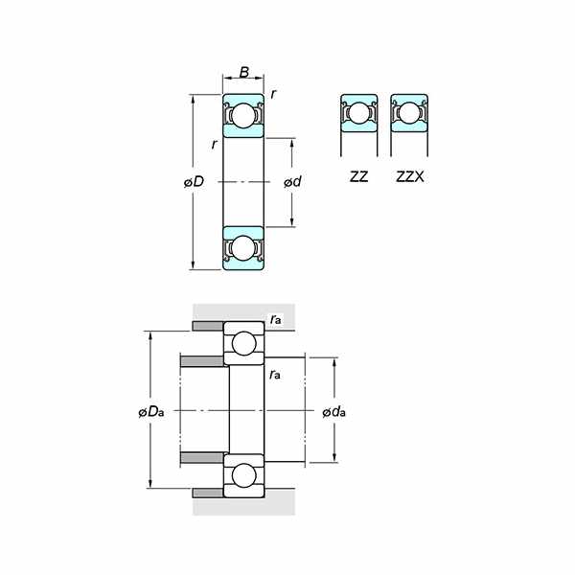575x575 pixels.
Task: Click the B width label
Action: point(243,72)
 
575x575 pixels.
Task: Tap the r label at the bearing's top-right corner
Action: point(274,94)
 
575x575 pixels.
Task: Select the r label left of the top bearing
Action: point(214,145)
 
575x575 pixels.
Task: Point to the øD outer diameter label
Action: point(193,182)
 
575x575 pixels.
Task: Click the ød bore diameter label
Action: point(293,182)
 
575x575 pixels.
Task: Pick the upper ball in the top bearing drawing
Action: point(243,115)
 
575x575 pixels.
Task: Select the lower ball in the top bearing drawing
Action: point(243,248)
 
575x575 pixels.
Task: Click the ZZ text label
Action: point(358,177)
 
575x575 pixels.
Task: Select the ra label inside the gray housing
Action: point(276,319)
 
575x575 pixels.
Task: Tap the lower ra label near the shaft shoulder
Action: point(275,373)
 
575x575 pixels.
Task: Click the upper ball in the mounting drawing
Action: point(243,343)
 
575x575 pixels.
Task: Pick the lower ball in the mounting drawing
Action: point(243,474)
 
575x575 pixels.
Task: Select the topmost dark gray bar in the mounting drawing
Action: point(207,327)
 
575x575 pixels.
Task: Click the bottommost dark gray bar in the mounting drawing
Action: point(207,493)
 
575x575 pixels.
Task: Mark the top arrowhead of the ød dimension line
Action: point(292,142)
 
